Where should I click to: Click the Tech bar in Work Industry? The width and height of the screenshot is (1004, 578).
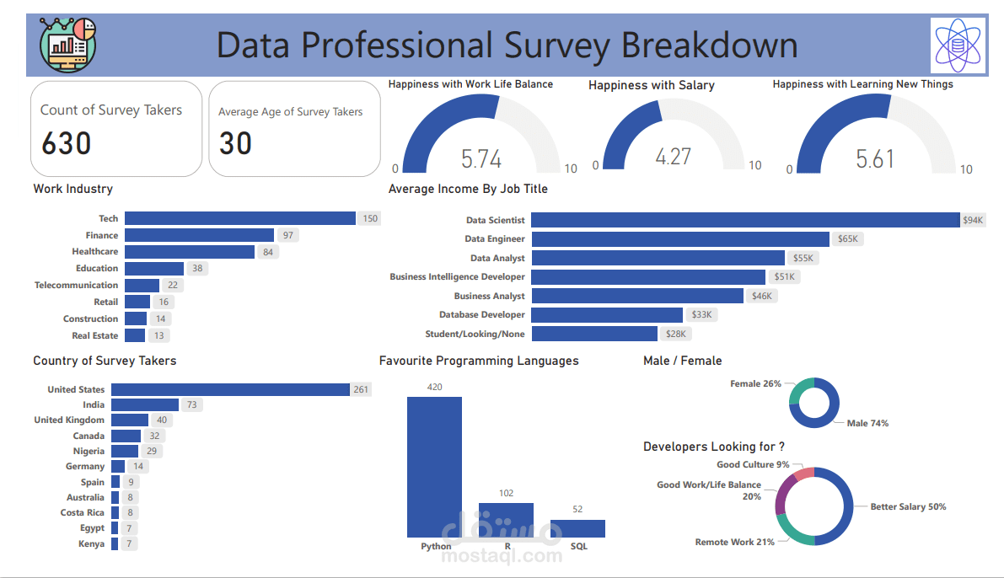(x=240, y=218)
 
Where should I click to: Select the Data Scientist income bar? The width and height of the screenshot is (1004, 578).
(x=745, y=220)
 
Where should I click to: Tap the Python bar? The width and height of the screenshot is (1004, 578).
(x=434, y=467)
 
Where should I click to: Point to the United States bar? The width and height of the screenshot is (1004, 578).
(x=230, y=389)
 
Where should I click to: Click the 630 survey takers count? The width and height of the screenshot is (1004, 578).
(x=66, y=143)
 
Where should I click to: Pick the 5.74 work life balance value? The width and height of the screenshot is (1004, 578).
(x=481, y=159)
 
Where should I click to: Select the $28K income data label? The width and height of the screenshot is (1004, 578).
(x=678, y=334)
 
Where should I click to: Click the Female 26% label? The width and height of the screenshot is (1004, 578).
(x=755, y=383)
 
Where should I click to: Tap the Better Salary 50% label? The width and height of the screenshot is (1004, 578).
(x=908, y=507)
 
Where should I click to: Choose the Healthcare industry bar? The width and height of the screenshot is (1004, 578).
(x=190, y=252)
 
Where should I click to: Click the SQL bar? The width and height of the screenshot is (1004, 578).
(x=577, y=528)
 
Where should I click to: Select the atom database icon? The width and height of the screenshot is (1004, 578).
(x=958, y=45)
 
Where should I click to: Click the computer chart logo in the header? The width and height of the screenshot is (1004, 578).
(x=67, y=45)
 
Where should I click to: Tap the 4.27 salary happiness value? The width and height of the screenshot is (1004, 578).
(x=673, y=157)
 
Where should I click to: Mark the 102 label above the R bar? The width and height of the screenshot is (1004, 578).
(x=506, y=493)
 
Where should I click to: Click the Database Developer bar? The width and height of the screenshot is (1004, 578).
(x=606, y=315)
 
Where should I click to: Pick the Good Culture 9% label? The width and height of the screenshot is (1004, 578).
(x=753, y=464)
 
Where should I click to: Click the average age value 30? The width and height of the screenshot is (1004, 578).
(x=235, y=144)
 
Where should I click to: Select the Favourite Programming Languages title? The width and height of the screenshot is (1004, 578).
(x=479, y=361)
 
